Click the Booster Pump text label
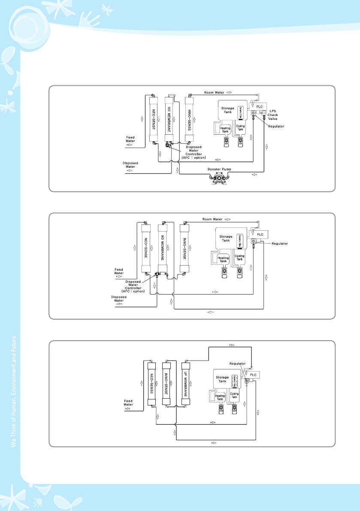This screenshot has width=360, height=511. (219, 169)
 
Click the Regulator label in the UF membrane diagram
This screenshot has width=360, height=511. (237, 363)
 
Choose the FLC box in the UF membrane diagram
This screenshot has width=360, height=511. (253, 375)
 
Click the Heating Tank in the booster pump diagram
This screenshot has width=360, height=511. (225, 129)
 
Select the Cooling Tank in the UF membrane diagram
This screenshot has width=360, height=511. (234, 396)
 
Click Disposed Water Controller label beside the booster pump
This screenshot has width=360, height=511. (194, 152)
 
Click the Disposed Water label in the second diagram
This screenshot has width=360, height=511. (119, 299)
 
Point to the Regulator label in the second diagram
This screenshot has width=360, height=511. (279, 243)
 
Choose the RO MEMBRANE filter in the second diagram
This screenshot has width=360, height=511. (162, 248)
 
